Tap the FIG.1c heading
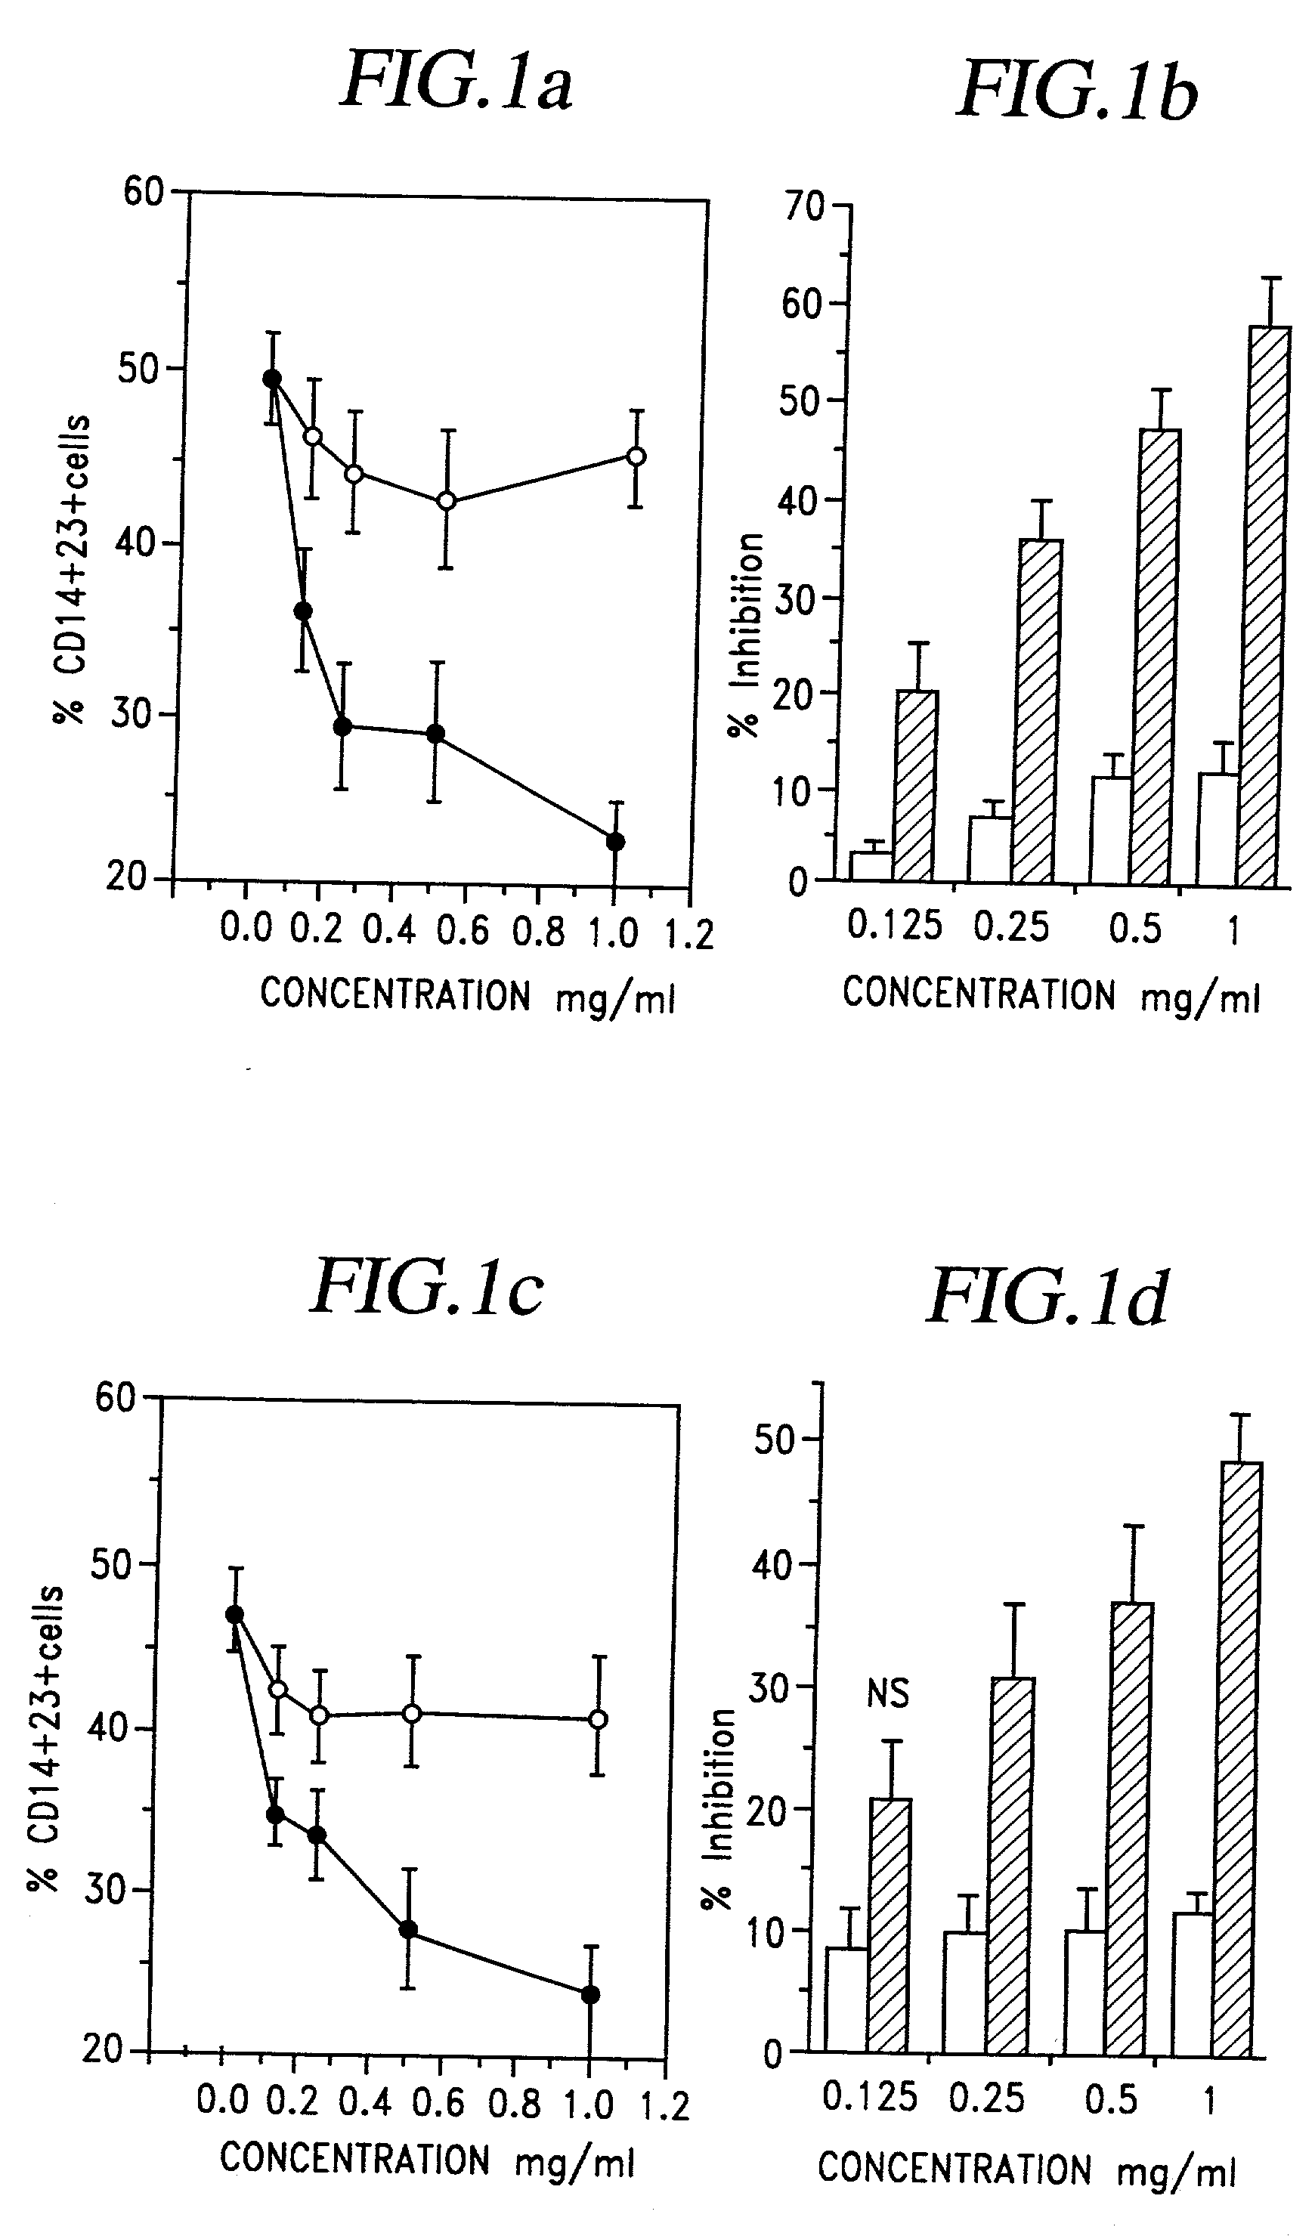(x=426, y=1288)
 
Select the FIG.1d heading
(x=1047, y=1297)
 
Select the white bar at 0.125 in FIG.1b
(x=871, y=866)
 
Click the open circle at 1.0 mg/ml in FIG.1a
(x=636, y=456)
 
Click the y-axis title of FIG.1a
(x=71, y=570)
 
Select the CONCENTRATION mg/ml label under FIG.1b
(x=1050, y=994)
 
